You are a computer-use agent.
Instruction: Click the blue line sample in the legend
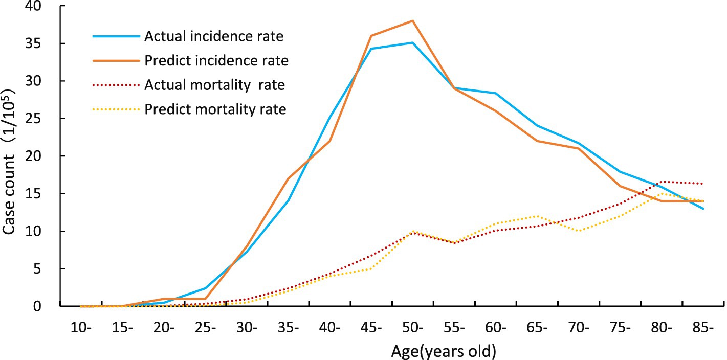[116, 36]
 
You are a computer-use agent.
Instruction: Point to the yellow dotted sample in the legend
[116, 109]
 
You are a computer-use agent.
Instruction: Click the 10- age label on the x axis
[81, 328]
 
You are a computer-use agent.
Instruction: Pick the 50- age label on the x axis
[412, 328]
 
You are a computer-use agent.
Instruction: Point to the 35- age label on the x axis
[289, 328]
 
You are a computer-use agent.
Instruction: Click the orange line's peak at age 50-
[412, 21]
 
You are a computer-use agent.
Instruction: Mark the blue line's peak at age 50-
[412, 43]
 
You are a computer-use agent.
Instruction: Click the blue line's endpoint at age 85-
[703, 209]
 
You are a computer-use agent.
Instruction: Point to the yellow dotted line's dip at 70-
[578, 231]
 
